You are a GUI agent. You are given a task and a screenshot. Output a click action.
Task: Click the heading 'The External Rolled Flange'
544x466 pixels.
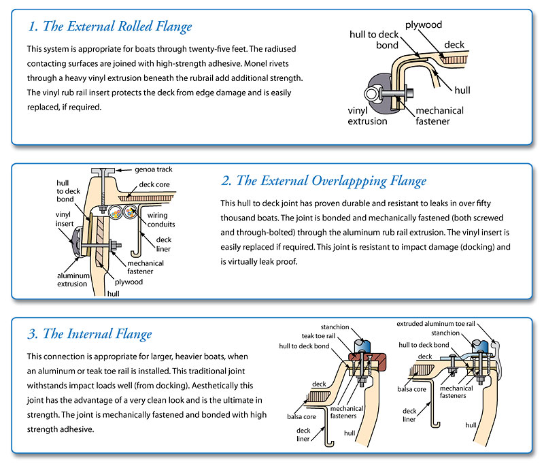[110, 27]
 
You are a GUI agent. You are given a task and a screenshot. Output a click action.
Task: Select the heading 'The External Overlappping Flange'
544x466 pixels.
[324, 181]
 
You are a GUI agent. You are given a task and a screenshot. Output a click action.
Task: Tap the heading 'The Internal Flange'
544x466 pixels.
[90, 334]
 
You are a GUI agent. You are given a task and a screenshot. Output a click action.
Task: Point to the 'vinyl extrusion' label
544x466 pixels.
[367, 116]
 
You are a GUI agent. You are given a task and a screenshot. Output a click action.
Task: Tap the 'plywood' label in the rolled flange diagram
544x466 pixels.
[424, 25]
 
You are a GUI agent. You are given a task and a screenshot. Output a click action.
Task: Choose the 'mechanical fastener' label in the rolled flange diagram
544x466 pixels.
[439, 116]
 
